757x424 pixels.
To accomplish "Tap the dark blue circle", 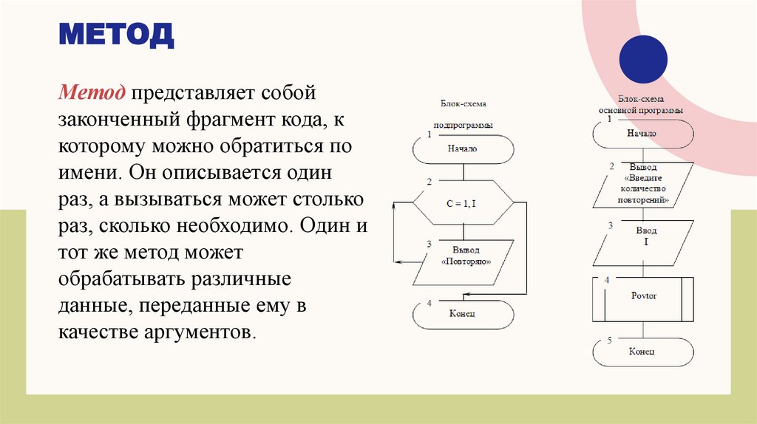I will coord(642,59).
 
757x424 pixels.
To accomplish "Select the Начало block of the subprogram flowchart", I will coord(463,148).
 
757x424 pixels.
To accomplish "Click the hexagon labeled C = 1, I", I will coord(463,199).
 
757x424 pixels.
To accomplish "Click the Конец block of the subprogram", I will coord(463,314).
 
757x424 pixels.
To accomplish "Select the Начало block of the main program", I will coord(642,134).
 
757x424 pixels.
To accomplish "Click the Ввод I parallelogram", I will coord(642,236).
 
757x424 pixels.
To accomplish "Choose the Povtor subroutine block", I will coord(643,296).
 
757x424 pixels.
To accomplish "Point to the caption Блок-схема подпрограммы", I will coord(463,114).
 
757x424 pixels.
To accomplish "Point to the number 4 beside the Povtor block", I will coord(607,281).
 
